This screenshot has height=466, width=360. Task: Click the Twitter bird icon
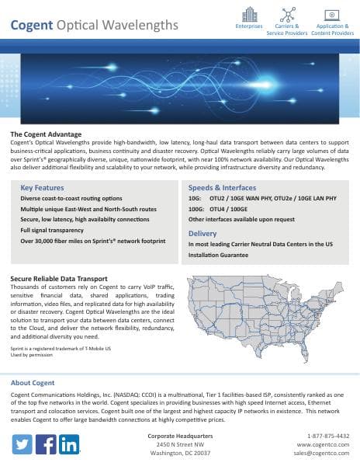22,445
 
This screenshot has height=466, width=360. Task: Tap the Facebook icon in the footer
46,445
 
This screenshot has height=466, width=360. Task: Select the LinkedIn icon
69,445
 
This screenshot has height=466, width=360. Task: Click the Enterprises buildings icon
249,15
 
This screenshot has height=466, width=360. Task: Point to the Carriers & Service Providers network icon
287,15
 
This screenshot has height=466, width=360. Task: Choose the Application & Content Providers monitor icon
332,15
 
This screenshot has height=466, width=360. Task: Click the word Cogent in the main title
32,26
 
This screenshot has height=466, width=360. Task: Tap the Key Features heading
42,188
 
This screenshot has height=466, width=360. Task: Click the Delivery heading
202,233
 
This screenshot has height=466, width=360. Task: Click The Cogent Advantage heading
46,134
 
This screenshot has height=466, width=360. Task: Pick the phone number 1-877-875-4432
328,436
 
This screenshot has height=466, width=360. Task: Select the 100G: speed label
198,210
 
